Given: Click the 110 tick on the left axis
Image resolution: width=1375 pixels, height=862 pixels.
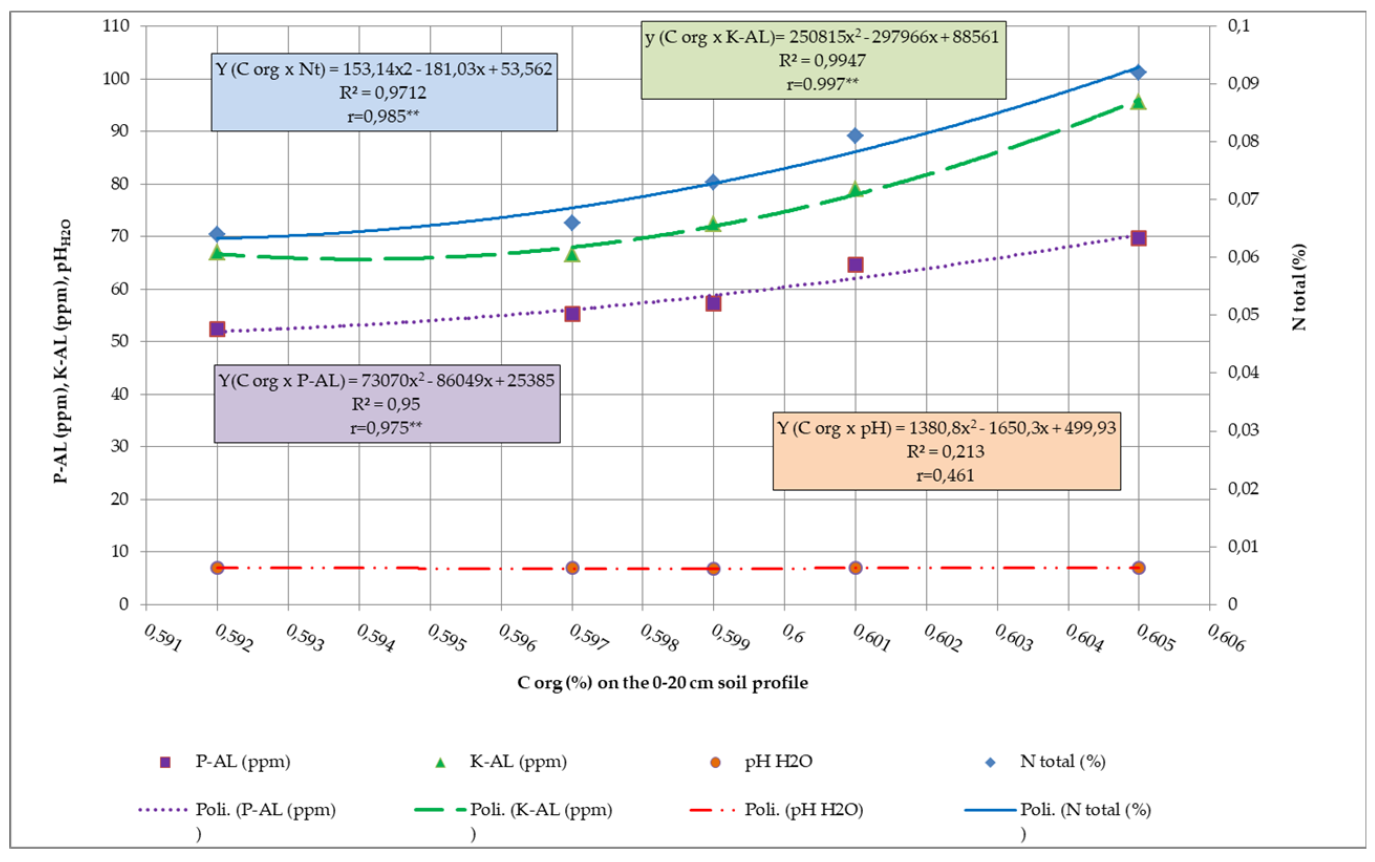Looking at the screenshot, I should click(116, 26).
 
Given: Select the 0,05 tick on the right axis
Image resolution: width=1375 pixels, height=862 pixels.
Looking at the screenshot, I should click(1243, 314).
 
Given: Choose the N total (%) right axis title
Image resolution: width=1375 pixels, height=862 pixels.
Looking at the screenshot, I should click(1298, 287).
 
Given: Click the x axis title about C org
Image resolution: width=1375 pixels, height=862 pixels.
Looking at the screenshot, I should click(662, 683).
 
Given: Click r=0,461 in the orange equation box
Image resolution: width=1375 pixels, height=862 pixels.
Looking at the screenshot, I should click(945, 475).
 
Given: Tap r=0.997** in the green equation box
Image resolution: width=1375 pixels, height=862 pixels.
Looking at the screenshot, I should click(822, 84).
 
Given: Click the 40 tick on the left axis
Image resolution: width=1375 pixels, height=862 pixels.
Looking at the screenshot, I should click(120, 394).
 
